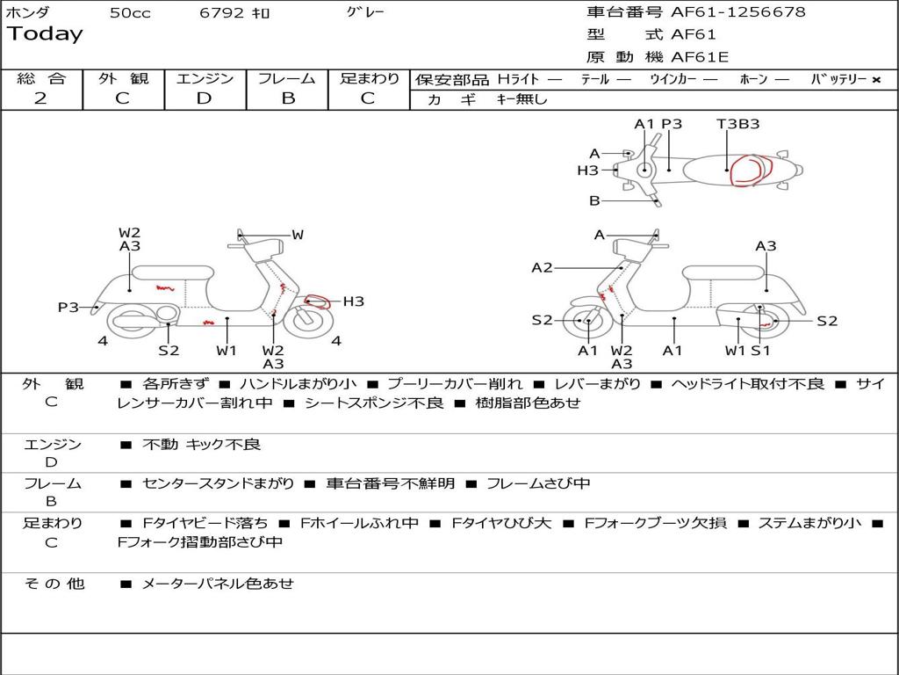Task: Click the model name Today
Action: pos(45,34)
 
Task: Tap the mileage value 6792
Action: pos(222,13)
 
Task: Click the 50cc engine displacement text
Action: pos(129,13)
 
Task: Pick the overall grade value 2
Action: pos(40,98)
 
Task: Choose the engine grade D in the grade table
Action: pos(204,98)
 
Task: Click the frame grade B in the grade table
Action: pos(287,98)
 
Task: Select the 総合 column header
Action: pos(40,79)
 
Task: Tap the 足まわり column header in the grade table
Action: pos(370,79)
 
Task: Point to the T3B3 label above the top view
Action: pos(737,124)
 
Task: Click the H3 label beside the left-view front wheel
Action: pos(353,301)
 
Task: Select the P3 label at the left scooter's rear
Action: pos(68,307)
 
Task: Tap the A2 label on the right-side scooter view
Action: pos(542,268)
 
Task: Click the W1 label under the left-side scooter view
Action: pos(227,351)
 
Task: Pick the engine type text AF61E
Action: pos(700,58)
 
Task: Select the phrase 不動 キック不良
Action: pos(201,445)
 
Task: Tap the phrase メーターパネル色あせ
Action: pos(217,584)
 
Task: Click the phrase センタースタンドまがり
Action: pos(219,483)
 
